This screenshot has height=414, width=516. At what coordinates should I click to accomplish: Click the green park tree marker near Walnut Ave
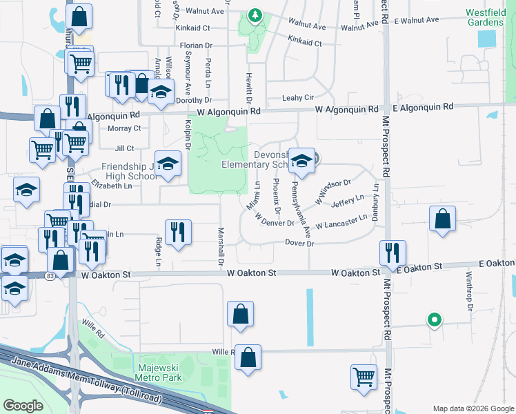pos(255,14)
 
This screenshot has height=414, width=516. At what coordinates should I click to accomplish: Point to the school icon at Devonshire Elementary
pos(301,161)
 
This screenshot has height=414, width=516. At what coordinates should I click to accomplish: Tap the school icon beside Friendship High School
pos(168,164)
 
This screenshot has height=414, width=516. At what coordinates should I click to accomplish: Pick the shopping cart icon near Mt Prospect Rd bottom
pos(364,377)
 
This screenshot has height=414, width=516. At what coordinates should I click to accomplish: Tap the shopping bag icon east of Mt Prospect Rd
pos(442,219)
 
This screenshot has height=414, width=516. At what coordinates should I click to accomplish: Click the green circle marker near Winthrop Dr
pos(434,319)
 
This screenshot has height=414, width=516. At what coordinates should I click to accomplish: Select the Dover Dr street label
pos(299,244)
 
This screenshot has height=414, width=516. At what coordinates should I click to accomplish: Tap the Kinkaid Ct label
pos(305,41)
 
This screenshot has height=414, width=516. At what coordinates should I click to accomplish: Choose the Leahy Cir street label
pos(298,99)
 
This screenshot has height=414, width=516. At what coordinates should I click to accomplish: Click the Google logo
pos(23,406)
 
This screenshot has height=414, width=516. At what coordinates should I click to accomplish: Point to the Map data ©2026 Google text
pos(473,408)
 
